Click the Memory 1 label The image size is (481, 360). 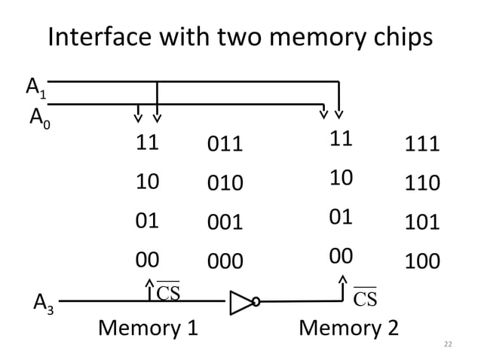[x=148, y=328]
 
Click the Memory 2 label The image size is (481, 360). [x=350, y=328]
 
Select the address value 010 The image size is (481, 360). [x=225, y=184]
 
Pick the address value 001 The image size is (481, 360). [x=225, y=222]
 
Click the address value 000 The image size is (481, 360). [x=225, y=261]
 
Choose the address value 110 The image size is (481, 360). [x=422, y=184]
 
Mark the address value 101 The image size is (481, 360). [x=422, y=222]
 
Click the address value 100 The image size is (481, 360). [x=422, y=261]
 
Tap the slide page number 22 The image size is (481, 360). [x=447, y=344]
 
